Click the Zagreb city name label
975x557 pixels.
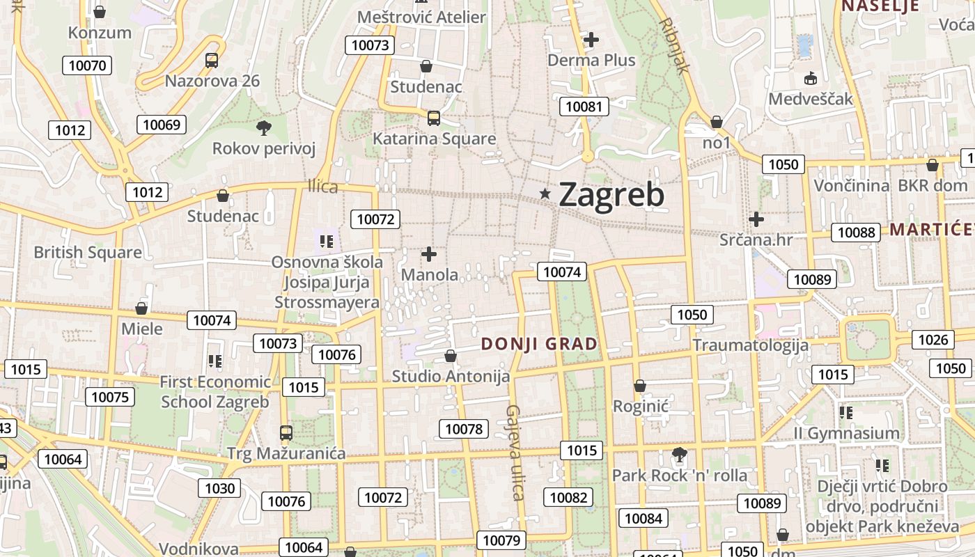coord(611,195)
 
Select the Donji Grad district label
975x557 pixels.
coord(539,343)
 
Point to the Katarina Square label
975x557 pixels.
coord(434,139)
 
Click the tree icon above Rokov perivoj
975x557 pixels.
coord(263,127)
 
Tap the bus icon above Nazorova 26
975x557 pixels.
coord(212,61)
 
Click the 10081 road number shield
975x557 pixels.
coord(584,107)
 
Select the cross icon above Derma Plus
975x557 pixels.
coord(591,40)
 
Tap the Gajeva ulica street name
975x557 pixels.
coord(515,453)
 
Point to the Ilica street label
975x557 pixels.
coord(322,186)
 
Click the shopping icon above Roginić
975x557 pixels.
coord(640,386)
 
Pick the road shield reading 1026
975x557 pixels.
coord(933,340)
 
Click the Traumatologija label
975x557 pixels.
coord(750,345)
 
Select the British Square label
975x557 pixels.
coord(88,252)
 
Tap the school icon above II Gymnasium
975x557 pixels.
coord(846,413)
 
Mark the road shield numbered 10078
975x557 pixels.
coord(464,429)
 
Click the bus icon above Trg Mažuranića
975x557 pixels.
coord(286,433)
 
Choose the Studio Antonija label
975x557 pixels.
coord(451,377)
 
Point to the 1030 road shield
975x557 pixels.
coord(219,488)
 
